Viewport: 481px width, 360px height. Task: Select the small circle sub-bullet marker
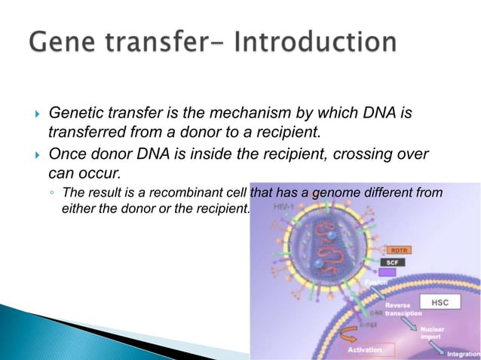[x=50, y=194]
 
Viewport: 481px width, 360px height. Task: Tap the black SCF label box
[x=394, y=262]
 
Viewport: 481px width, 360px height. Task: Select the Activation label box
[x=369, y=349]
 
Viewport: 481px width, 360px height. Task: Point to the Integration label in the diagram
[x=463, y=353]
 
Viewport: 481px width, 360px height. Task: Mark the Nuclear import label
[x=433, y=333]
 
